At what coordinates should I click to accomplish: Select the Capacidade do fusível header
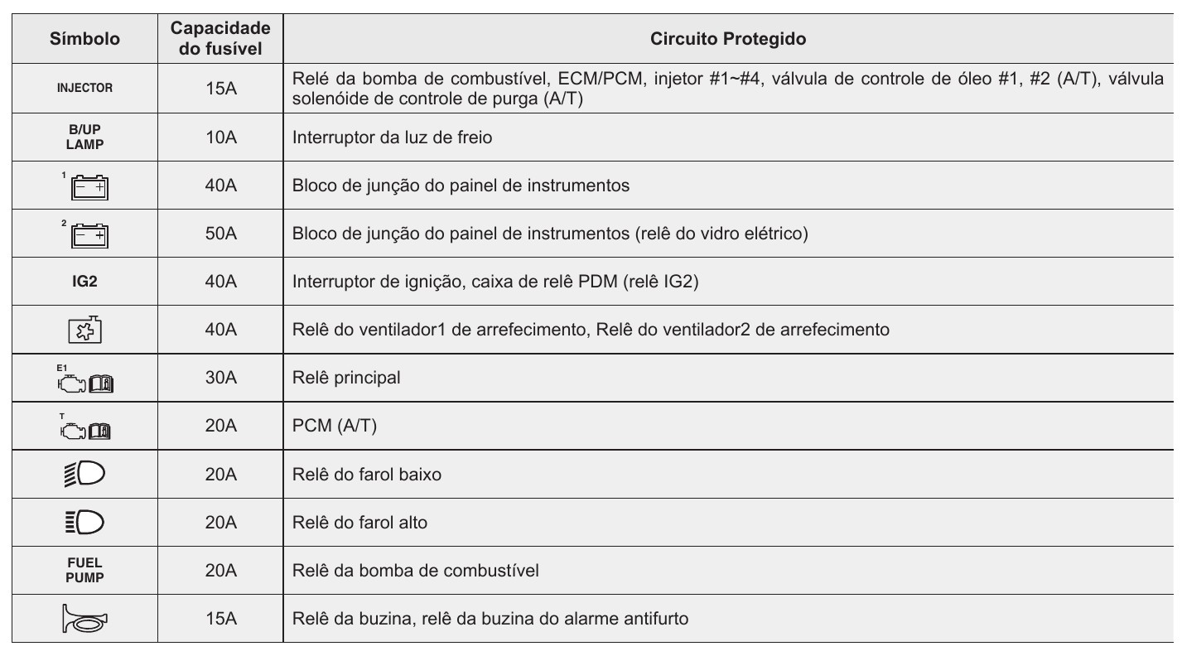[x=220, y=39]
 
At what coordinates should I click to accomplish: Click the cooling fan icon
[x=84, y=330]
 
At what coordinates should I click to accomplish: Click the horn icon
[x=84, y=619]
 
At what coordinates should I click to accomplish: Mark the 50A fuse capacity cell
[x=220, y=234]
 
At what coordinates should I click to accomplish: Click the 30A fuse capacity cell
[x=220, y=379]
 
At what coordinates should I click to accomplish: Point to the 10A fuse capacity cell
[x=220, y=138]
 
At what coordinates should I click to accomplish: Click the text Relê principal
[x=346, y=379]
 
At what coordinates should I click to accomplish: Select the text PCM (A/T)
[x=329, y=427]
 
